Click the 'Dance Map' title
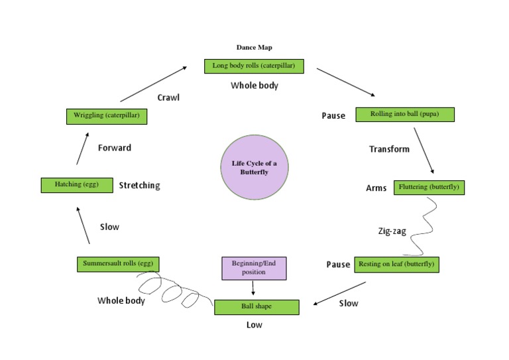[x=254, y=47]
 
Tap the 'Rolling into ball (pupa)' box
[x=405, y=114]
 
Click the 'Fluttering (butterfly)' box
[x=429, y=188]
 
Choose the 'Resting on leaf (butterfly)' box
[x=396, y=265]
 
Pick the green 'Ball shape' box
[x=256, y=307]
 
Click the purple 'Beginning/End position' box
[x=253, y=268]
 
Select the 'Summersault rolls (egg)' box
[x=118, y=264]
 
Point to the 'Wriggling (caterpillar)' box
[x=107, y=116]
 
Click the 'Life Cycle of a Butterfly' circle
[x=254, y=167]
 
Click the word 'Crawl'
[x=168, y=97]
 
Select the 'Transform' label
[x=389, y=149]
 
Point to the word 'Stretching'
[x=139, y=186]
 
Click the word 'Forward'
[x=115, y=148]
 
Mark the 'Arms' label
[x=376, y=188]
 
